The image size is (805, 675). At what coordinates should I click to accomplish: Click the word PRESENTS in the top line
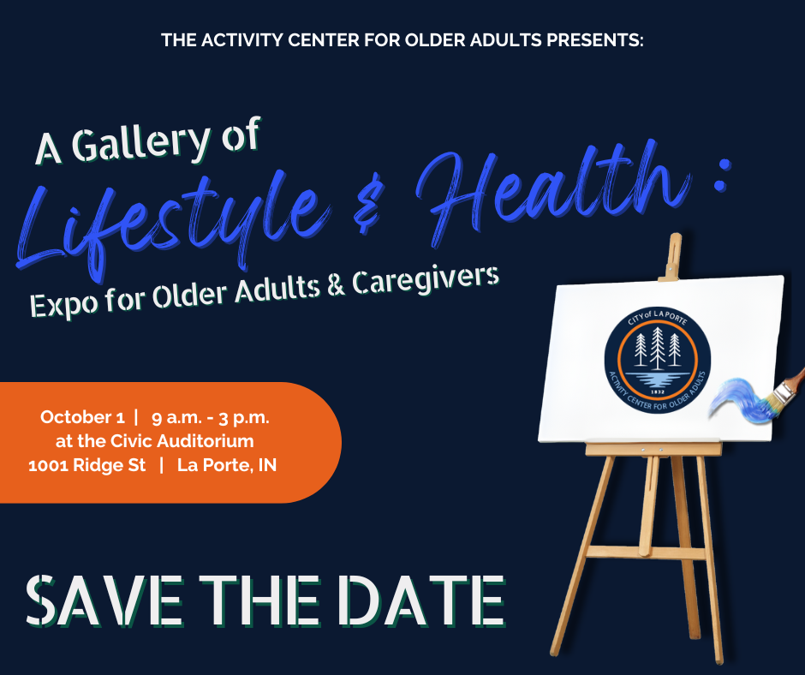593,40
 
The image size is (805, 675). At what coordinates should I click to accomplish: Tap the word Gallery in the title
140,142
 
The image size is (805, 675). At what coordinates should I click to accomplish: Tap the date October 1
82,417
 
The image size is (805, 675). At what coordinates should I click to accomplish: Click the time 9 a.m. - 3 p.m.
211,418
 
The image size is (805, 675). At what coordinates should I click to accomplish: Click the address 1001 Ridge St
86,465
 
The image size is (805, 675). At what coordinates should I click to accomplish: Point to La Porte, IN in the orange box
227,465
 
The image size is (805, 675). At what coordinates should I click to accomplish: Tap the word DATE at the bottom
421,601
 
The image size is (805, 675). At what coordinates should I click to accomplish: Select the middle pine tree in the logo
658,349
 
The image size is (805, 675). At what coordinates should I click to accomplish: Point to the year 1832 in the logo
658,392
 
